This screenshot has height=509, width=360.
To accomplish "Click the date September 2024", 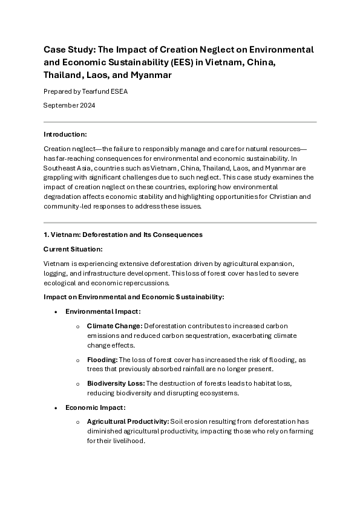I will pos(69,105).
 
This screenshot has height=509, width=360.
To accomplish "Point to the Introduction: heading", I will pos(65,134).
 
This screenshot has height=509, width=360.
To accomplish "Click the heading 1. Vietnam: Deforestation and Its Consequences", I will pos(123,235).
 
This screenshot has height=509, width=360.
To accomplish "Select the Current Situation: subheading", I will pos(73,249).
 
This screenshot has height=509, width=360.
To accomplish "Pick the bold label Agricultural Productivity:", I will pos(126,421).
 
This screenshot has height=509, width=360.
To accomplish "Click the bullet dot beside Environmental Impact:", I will pos(56,312).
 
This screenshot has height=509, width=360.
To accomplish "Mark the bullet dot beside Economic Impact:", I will pos(56,408).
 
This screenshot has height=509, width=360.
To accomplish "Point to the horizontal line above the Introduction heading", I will pos(180,122).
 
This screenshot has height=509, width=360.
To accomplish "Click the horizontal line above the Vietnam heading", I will pos(180,223).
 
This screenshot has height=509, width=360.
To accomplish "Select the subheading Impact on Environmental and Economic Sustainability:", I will pos(134,297).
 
